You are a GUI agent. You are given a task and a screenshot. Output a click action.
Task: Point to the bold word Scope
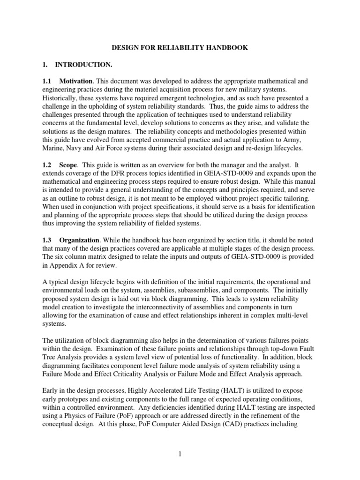point(68,165)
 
